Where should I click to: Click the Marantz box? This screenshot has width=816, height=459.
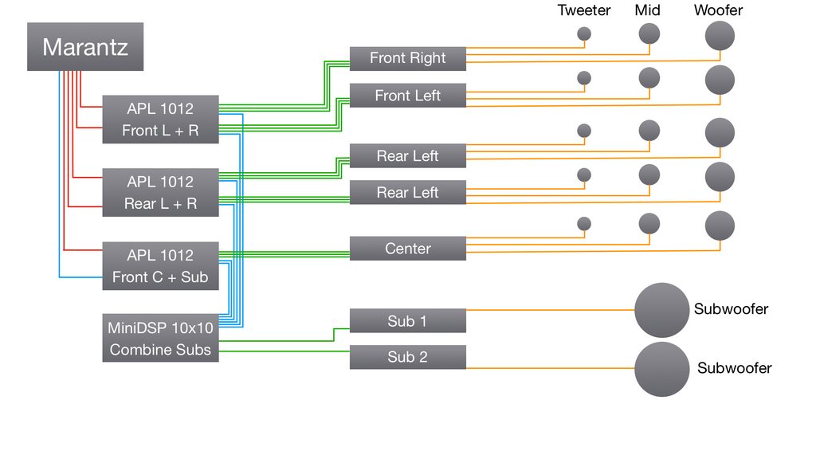point(85,47)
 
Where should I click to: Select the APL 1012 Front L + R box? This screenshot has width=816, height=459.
point(160,120)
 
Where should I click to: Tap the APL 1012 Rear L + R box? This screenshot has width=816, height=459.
point(160,193)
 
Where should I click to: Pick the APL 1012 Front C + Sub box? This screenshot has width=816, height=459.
point(160,266)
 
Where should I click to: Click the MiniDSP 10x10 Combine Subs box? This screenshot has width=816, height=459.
point(160,339)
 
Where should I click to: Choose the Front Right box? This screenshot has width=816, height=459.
point(407,58)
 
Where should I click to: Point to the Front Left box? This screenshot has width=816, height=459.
point(407,96)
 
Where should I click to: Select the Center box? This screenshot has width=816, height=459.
point(407,249)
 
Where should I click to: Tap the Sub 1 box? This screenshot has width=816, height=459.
point(407,321)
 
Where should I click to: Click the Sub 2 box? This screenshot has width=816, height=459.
point(407,357)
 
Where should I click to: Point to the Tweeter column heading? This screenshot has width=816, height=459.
point(584,10)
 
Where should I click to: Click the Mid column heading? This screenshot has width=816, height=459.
point(648,10)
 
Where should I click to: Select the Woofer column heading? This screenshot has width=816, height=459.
point(718,10)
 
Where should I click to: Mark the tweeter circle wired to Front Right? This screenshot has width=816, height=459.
point(584,34)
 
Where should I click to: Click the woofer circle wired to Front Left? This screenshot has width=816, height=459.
point(720,79)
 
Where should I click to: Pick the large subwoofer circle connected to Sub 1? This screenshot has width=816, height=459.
point(661,310)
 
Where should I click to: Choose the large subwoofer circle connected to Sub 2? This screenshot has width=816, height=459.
point(661,369)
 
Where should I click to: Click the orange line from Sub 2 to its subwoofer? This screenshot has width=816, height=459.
point(550,368)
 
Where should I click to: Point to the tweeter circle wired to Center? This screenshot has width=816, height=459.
point(584,225)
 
